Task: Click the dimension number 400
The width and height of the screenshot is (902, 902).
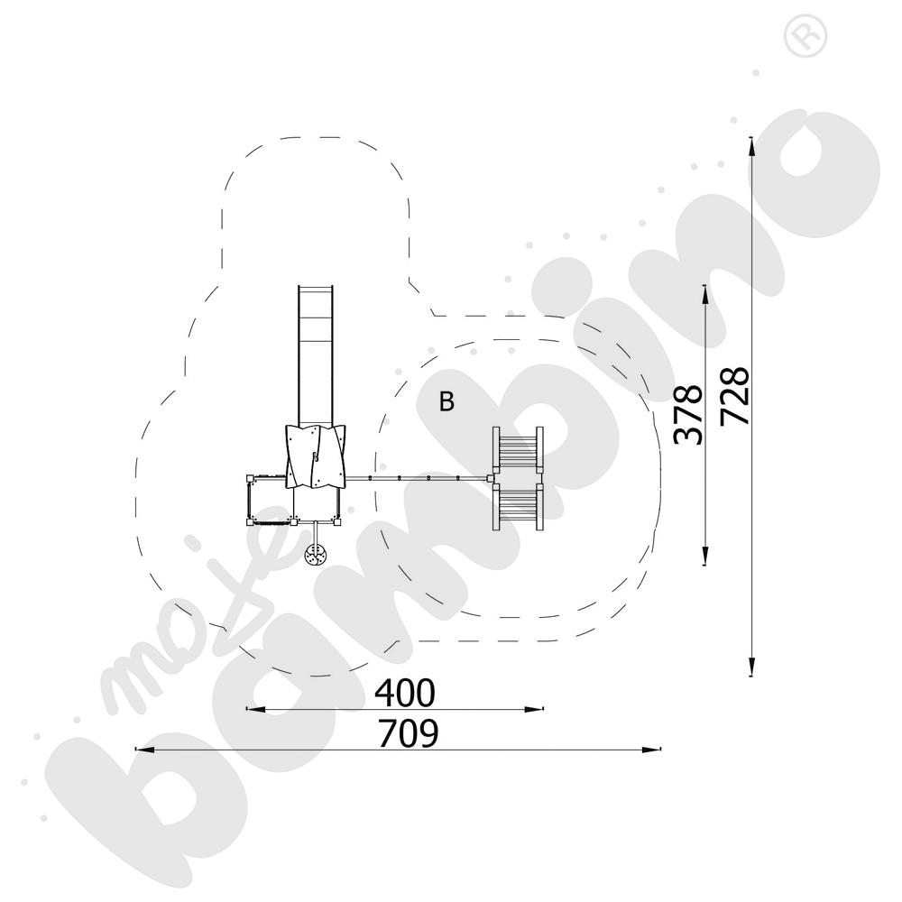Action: (404, 693)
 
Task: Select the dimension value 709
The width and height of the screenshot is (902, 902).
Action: (408, 732)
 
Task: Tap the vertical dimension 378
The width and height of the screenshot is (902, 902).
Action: (688, 414)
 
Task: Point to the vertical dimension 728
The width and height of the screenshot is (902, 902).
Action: (735, 396)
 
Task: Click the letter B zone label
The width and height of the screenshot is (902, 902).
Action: (446, 401)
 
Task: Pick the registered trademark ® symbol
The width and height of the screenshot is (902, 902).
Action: (805, 36)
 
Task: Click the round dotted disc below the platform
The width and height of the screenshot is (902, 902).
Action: (316, 555)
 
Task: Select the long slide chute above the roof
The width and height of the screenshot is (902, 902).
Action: (316, 355)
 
